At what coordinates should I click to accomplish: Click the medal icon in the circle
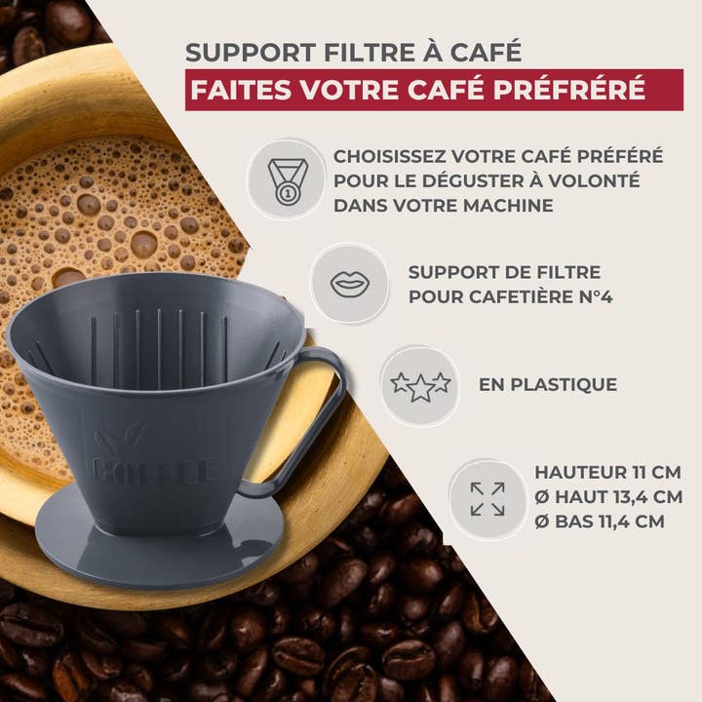point(288,178)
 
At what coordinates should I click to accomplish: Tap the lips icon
point(349,284)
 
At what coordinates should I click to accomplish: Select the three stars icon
point(420,385)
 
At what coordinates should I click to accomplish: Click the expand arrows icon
point(487,498)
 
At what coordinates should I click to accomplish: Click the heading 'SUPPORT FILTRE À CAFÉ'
point(353,51)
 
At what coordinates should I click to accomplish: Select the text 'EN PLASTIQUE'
point(547,385)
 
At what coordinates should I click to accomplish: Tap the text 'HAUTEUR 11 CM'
point(606,473)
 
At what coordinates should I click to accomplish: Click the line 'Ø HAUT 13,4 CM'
point(606,497)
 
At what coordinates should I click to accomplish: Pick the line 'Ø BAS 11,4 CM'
point(599,522)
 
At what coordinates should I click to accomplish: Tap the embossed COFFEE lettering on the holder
point(156,470)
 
